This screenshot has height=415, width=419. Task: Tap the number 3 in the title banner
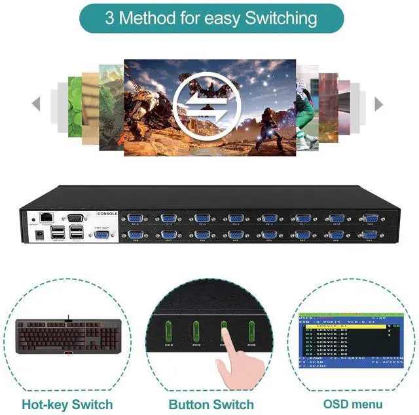[109, 18]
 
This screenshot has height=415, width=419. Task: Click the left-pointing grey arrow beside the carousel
[36, 104]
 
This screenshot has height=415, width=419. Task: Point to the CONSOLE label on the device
[107, 214]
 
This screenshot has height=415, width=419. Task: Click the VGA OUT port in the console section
[102, 235]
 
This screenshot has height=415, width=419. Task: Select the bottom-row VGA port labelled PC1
[371, 235]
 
